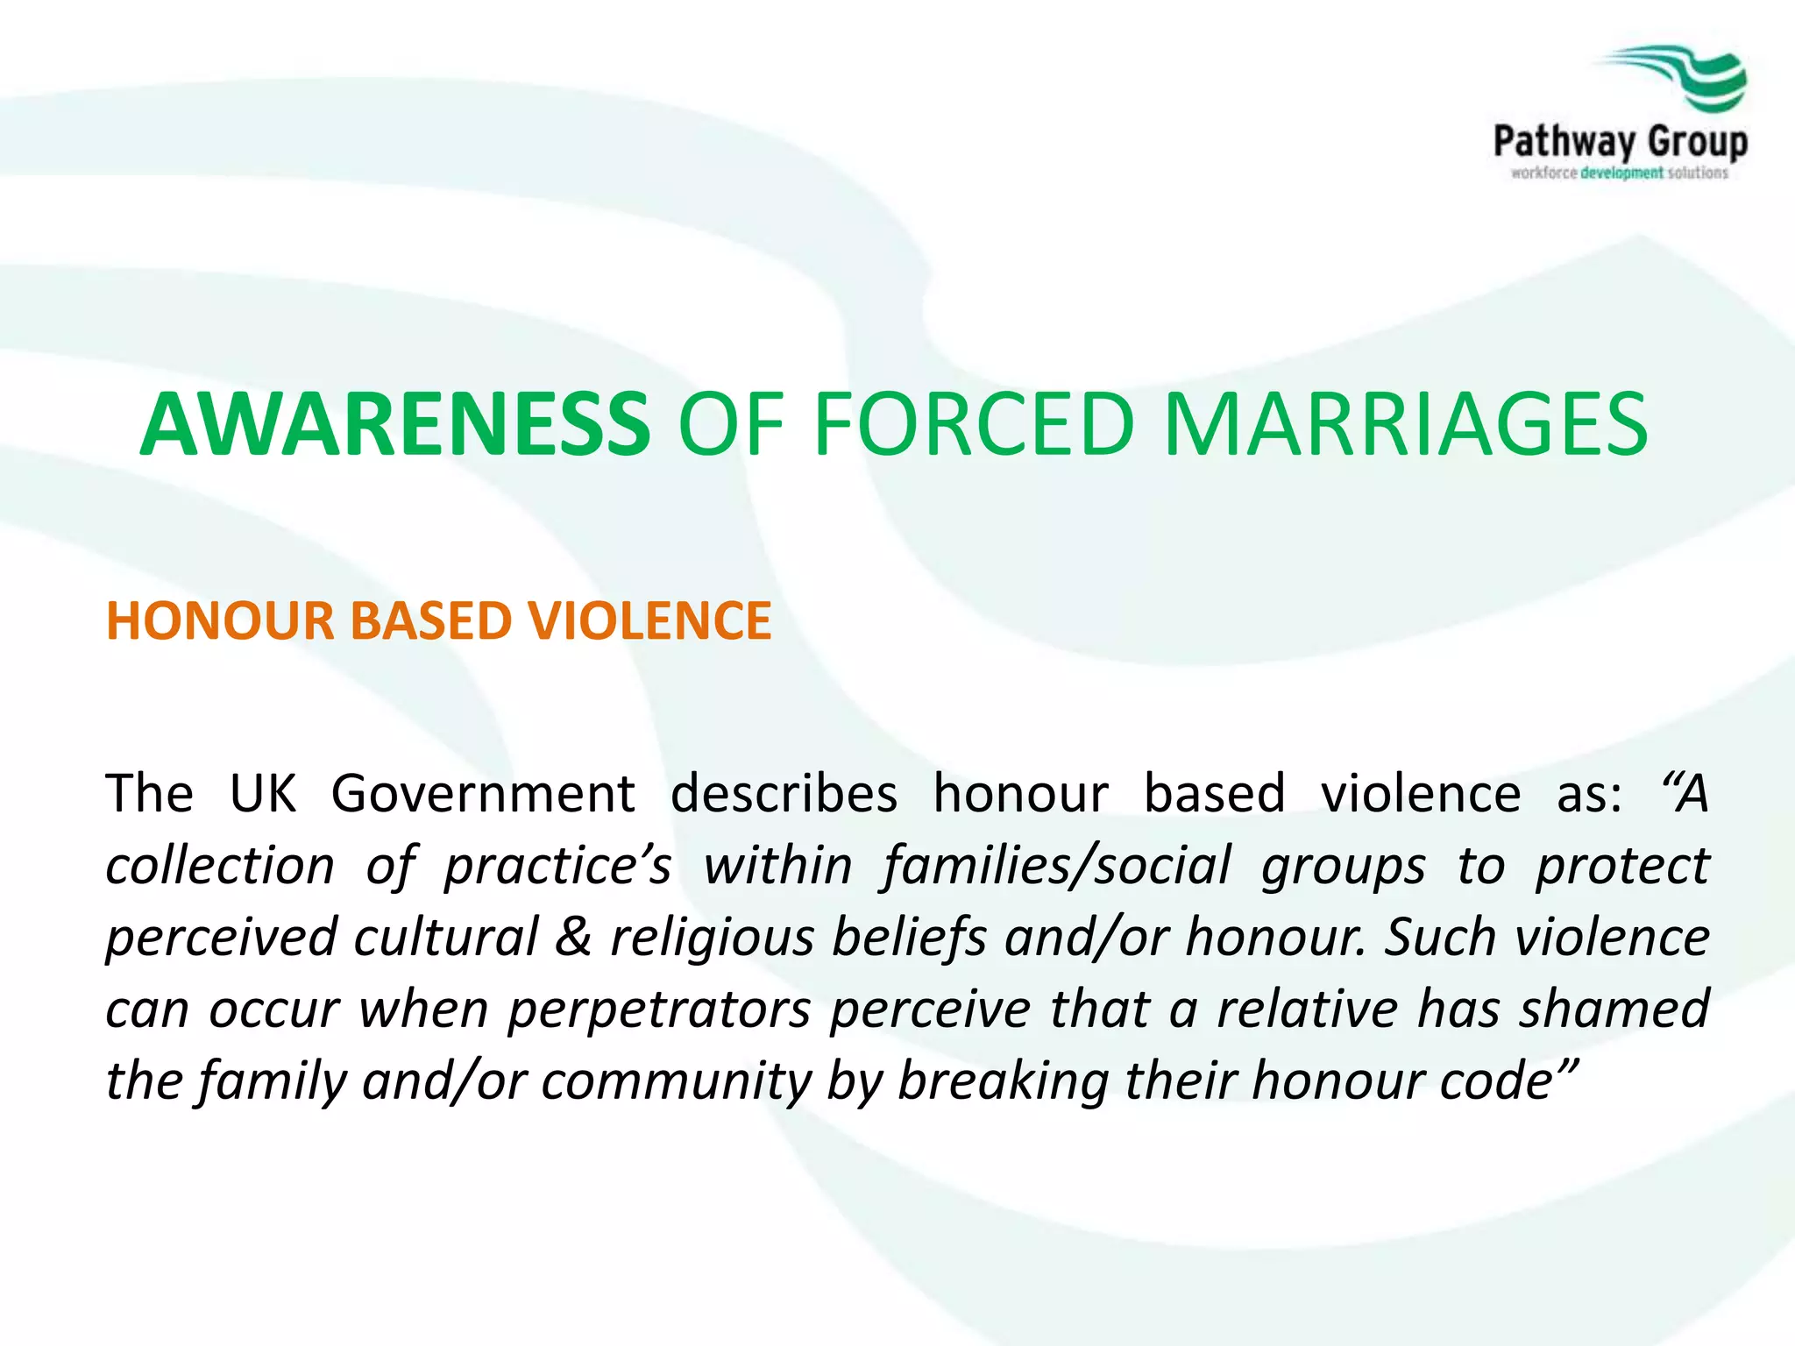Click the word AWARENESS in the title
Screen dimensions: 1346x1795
coord(394,425)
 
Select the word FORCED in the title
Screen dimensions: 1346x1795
coord(973,425)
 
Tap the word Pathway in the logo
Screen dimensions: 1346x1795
coord(1564,141)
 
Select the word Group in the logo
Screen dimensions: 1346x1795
coord(1698,141)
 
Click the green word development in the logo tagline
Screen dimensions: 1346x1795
coord(1621,174)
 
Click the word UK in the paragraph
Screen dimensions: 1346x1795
coord(262,794)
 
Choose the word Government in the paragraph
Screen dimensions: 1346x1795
coord(483,794)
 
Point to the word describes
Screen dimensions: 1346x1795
coord(784,794)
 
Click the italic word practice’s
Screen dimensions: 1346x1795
coord(557,867)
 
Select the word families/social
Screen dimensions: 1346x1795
coord(1057,867)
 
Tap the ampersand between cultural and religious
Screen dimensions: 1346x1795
coord(573,938)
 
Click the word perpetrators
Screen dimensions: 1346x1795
coord(659,1009)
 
